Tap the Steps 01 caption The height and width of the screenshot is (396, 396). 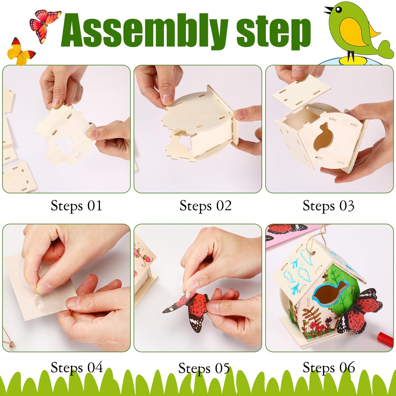76,206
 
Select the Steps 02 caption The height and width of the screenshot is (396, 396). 206,206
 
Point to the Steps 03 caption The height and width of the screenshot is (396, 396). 328,206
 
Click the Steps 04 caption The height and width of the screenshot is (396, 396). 76,367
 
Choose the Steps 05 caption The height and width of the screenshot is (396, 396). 204,368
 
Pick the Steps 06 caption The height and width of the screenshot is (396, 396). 329,367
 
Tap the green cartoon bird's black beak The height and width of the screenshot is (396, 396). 328,11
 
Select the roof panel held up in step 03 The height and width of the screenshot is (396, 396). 301,92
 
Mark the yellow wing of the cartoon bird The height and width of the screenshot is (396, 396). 354,32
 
